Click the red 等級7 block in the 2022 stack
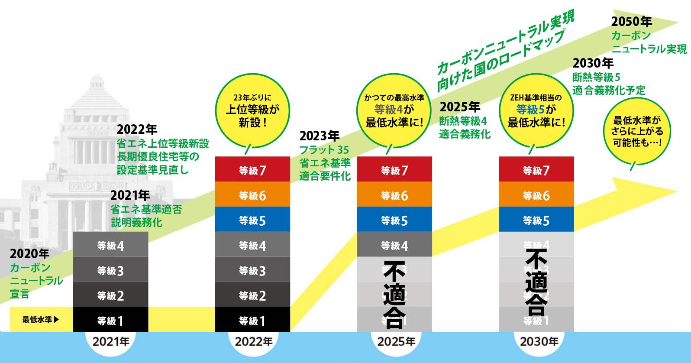[x=252, y=169]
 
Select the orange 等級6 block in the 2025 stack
[x=394, y=194]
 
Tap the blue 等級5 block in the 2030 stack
[x=536, y=220]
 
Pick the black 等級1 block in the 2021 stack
[x=110, y=320]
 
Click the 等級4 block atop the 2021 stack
[x=110, y=245]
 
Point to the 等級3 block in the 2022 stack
[x=252, y=270]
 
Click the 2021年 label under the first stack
[x=111, y=342]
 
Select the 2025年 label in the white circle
[x=396, y=342]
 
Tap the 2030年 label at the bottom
[x=539, y=342]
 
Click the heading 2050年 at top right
[x=631, y=21]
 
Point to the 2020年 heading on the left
[x=29, y=253]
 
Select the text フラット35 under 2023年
[x=324, y=150]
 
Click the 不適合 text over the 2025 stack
[x=394, y=295]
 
